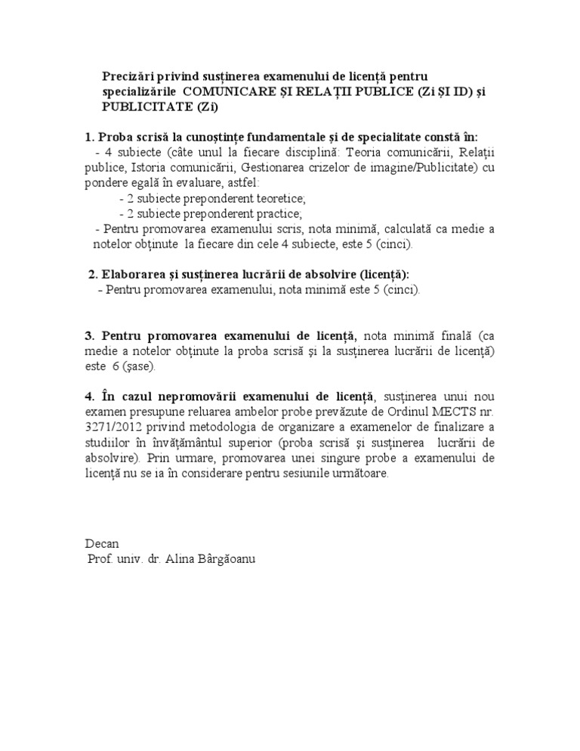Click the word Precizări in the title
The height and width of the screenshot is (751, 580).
click(130, 76)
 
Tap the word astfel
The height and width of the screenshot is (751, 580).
click(244, 182)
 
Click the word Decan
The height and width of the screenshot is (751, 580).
click(101, 544)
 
